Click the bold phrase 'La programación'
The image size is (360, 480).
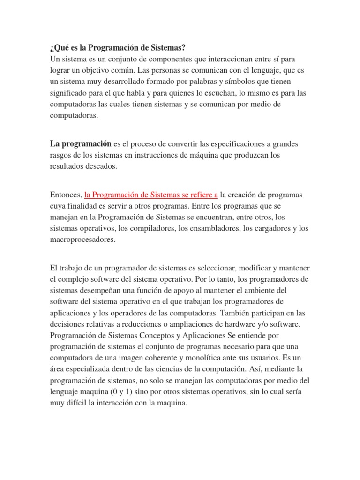coord(80,143)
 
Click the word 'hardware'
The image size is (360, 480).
coord(251,324)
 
